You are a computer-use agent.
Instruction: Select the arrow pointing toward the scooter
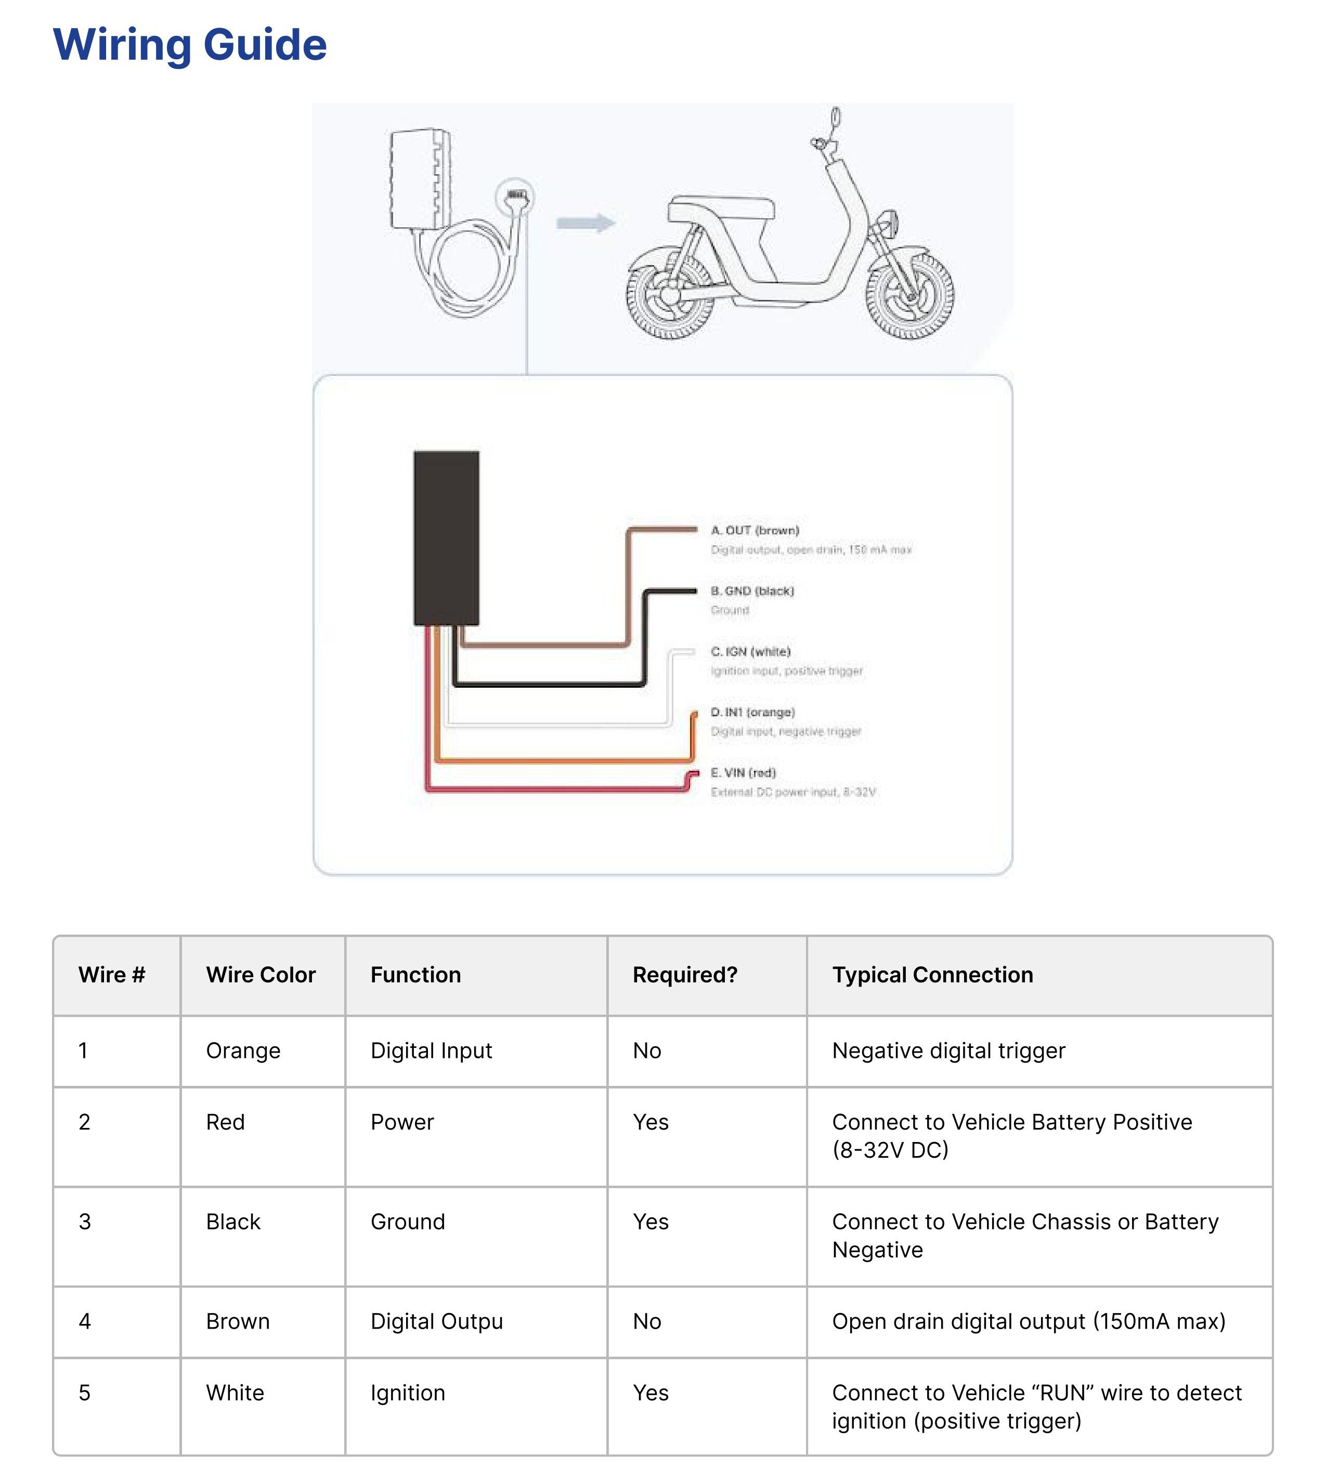(x=586, y=223)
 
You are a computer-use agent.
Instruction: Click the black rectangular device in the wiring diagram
(x=446, y=537)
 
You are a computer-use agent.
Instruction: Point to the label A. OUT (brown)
(x=755, y=530)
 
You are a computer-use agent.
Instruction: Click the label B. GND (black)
(x=752, y=591)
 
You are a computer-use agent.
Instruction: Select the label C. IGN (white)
(x=750, y=651)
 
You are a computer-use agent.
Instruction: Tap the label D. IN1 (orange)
(x=752, y=712)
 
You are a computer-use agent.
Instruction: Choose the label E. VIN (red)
(x=743, y=772)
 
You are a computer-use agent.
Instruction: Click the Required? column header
(x=685, y=975)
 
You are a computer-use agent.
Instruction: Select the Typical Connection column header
(x=932, y=975)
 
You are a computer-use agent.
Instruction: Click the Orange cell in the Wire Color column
(x=243, y=1051)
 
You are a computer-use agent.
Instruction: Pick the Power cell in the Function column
(x=402, y=1122)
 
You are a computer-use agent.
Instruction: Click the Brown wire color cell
(x=238, y=1321)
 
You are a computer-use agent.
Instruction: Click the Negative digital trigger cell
(x=948, y=1051)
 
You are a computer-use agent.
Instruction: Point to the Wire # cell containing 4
(x=85, y=1321)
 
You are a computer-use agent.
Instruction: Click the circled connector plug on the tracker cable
(x=515, y=196)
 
